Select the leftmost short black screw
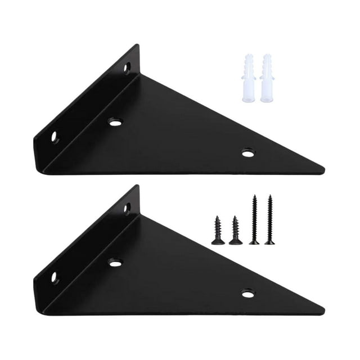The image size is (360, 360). point(218,230)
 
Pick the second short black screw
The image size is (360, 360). point(236,230)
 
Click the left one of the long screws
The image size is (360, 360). point(254,219)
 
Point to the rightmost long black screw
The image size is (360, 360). point(270,219)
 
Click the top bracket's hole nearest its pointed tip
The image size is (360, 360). point(247,152)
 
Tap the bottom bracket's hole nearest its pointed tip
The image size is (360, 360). point(247,293)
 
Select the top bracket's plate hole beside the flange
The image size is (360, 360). point(115,121)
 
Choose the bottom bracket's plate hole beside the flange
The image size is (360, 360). point(115,262)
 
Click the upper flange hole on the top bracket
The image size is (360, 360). point(127,68)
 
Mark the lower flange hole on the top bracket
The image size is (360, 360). point(55,136)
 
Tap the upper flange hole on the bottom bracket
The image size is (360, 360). point(127,209)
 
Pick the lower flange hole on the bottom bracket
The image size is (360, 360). point(55,277)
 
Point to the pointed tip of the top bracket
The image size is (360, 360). point(322,169)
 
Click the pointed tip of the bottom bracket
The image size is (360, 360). point(322,310)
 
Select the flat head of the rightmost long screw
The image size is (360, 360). point(270,242)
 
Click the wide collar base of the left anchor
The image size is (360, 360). point(249,99)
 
